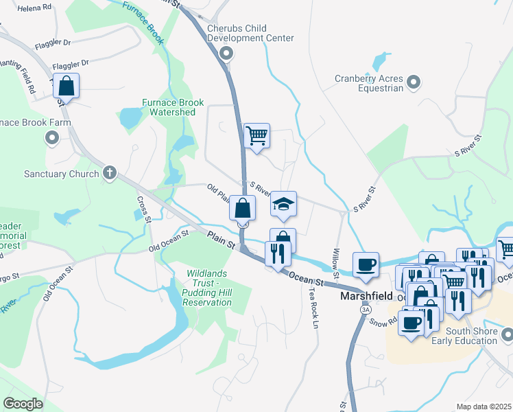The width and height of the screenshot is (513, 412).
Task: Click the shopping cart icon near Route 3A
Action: tap(256, 135)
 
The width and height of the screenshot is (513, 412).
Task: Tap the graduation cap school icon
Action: tap(283, 203)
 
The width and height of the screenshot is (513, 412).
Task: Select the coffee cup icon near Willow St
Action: tap(366, 264)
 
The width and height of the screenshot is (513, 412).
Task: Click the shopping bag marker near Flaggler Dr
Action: tap(67, 87)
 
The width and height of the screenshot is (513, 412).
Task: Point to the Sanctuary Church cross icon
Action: tap(109, 174)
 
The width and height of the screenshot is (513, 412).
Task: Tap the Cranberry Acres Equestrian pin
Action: tap(413, 83)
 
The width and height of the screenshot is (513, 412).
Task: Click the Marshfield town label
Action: tap(366, 297)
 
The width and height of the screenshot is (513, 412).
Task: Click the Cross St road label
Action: tap(143, 209)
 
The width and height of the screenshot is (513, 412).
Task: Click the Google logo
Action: tap(23, 403)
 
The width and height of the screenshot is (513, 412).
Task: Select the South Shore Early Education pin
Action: tap(507, 334)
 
